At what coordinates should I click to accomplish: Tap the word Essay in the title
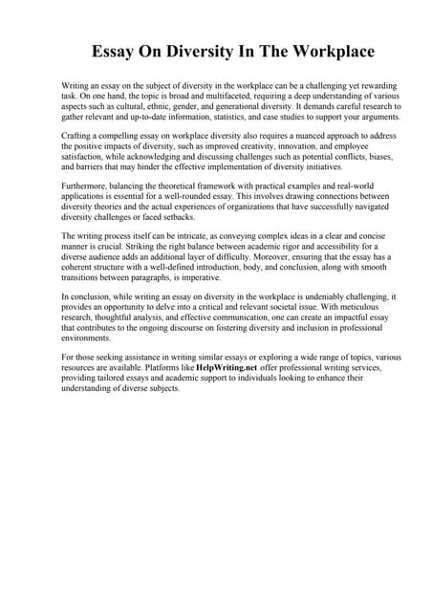point(116,51)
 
